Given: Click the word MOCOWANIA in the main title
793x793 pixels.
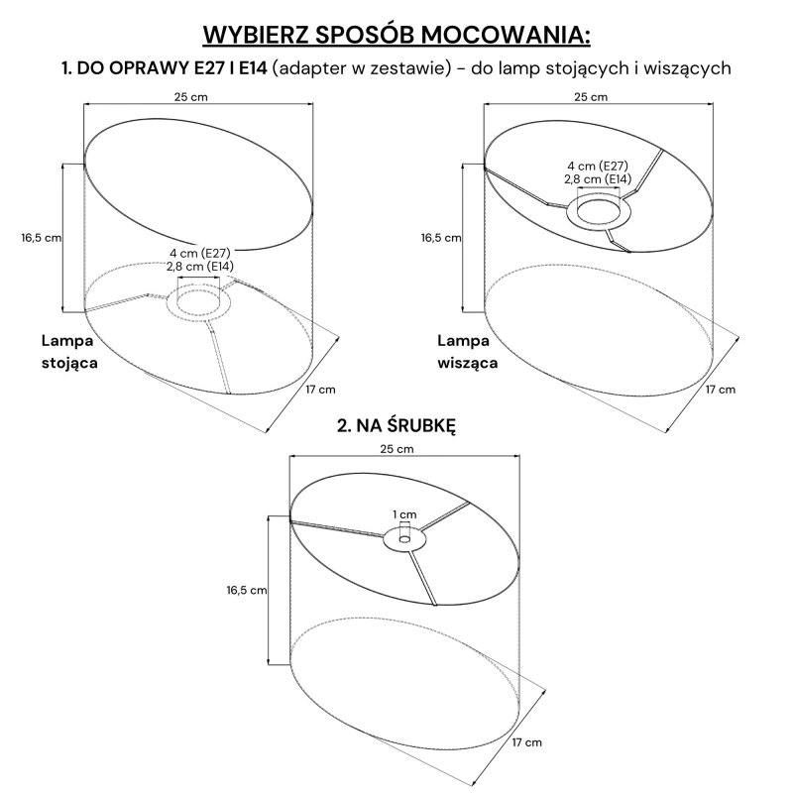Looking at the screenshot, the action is click(506, 35).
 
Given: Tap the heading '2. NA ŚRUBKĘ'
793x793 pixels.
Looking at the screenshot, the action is click(396, 425).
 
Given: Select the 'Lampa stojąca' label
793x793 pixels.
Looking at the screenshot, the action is click(69, 352).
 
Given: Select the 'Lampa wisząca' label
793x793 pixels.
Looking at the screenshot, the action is click(467, 352).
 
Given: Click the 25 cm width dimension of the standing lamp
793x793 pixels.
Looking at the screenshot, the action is click(191, 97).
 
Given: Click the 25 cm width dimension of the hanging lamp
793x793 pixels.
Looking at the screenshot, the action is click(591, 97).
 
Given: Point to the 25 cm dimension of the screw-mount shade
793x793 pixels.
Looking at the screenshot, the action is click(397, 449).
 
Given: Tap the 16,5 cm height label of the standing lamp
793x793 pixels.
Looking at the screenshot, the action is click(42, 238).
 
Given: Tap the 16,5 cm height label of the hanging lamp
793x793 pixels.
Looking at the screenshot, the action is click(441, 238).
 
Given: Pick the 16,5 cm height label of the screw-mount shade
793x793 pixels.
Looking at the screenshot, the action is click(247, 590).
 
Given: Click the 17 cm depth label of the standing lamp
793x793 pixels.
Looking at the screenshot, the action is click(320, 390).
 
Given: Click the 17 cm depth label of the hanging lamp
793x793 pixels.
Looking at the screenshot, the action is click(721, 390).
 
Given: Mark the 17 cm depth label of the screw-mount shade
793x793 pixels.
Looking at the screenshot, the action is click(527, 742).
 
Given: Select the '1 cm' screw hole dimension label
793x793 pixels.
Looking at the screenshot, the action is click(404, 514).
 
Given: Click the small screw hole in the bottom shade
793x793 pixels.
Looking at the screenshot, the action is click(404, 539).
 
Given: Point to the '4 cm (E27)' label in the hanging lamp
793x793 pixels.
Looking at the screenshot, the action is click(598, 166).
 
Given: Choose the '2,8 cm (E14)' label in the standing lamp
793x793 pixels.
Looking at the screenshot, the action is click(200, 267).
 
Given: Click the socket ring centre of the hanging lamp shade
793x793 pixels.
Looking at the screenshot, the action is click(599, 211).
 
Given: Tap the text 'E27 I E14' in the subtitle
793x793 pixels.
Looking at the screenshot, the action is click(230, 68).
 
